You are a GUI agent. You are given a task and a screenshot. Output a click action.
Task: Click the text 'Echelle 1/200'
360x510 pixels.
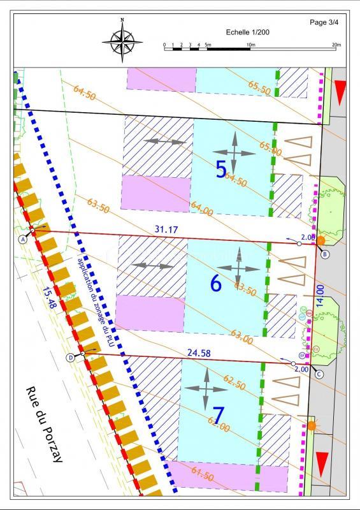(247, 32)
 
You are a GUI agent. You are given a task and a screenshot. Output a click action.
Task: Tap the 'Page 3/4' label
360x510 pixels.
(325, 22)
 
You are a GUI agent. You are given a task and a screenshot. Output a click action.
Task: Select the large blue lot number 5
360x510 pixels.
(221, 170)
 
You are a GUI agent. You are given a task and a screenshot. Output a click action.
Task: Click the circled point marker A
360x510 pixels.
(24, 239)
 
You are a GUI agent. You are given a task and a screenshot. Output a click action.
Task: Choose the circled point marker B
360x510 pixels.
(325, 254)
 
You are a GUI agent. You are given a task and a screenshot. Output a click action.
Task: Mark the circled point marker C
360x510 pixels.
(318, 375)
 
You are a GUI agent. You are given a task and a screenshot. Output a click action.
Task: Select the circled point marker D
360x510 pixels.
(71, 357)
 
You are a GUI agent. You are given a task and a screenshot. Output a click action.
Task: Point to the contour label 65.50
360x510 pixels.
(259, 87)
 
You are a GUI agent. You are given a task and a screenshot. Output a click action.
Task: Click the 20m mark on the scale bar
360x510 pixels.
(336, 45)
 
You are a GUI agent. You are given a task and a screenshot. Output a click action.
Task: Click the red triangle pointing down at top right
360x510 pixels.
(340, 92)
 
